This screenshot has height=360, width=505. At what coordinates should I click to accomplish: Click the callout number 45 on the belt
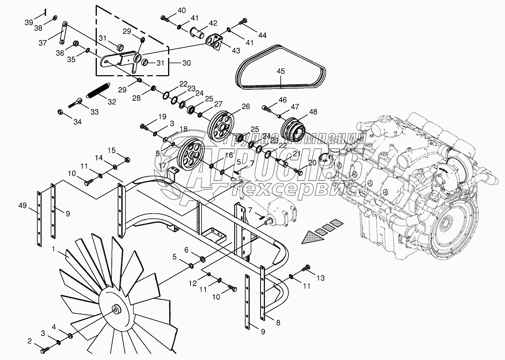tap(281, 71)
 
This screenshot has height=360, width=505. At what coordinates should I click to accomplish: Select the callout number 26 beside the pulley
tap(246, 106)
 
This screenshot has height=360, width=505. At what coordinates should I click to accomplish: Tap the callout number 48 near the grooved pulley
tap(313, 112)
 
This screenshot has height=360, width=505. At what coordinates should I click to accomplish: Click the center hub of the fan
tap(116, 309)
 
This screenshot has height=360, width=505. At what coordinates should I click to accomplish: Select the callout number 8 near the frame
tap(278, 323)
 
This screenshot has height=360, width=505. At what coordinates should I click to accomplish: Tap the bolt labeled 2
tap(44, 348)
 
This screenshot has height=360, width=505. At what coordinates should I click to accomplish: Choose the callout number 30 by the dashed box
tap(186, 63)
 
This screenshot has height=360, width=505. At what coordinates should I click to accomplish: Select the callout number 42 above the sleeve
tap(213, 23)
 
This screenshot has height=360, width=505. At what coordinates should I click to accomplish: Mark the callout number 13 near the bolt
tap(320, 278)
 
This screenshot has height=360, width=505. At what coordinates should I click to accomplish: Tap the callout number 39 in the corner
tap(29, 22)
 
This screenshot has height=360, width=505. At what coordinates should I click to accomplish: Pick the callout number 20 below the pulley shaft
tap(312, 162)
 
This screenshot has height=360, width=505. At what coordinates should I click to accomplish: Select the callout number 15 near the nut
tap(112, 150)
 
